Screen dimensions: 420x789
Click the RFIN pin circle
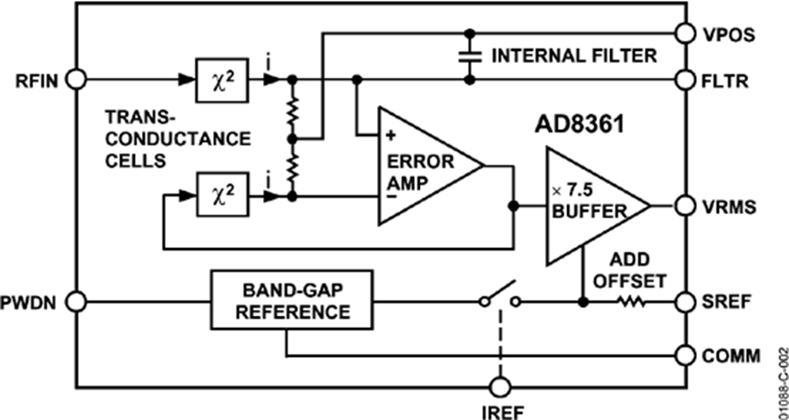click(77, 79)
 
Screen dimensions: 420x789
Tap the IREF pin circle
click(500, 386)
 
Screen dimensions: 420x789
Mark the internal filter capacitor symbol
click(470, 56)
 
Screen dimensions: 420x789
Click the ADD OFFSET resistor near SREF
click(631, 303)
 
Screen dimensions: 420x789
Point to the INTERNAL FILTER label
click(573, 56)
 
